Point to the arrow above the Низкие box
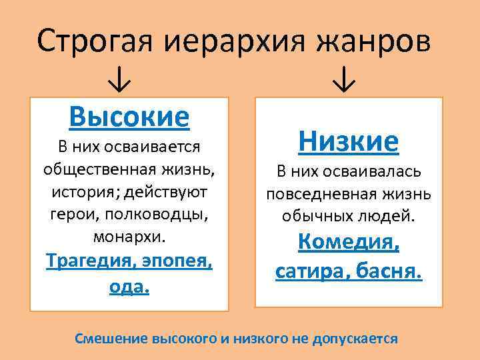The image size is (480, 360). [x=344, y=81]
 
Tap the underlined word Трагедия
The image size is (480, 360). [x=89, y=261]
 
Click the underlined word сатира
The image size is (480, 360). [x=312, y=272]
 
